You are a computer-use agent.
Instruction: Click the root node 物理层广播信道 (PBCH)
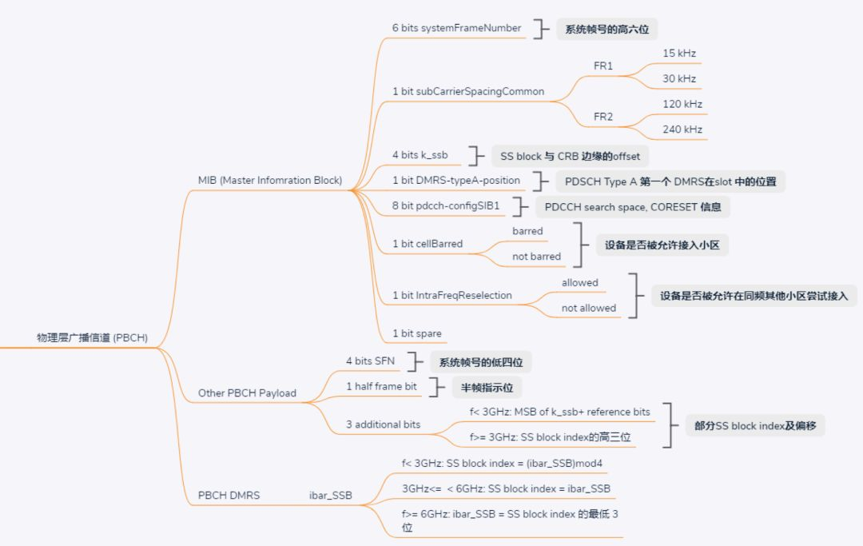pos(92,337)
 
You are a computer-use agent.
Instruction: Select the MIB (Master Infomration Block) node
pos(269,181)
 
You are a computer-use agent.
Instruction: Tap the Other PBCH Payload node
pos(247,393)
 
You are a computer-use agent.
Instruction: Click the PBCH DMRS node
pos(229,495)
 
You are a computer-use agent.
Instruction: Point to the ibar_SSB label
pos(330,495)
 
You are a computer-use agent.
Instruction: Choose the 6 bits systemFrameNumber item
pos(456,28)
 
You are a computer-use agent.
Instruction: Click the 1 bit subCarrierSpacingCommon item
pos(467,91)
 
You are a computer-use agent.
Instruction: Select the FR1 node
pos(603,66)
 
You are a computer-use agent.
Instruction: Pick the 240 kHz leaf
pos(682,130)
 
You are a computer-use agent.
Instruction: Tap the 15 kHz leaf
pos(678,53)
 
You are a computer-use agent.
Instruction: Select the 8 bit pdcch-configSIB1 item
pos(445,205)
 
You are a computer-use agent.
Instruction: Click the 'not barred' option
pos(536,257)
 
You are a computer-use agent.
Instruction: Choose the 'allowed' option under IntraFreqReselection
pos(579,282)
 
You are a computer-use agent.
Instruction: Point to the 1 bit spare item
pos(416,333)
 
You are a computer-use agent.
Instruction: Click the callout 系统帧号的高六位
pos(606,29)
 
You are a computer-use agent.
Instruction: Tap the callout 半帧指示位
pos(486,387)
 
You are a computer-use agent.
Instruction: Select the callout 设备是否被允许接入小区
pos(662,245)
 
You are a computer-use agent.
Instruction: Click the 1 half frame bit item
pos(381,386)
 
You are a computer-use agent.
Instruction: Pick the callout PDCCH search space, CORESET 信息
pos(632,206)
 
